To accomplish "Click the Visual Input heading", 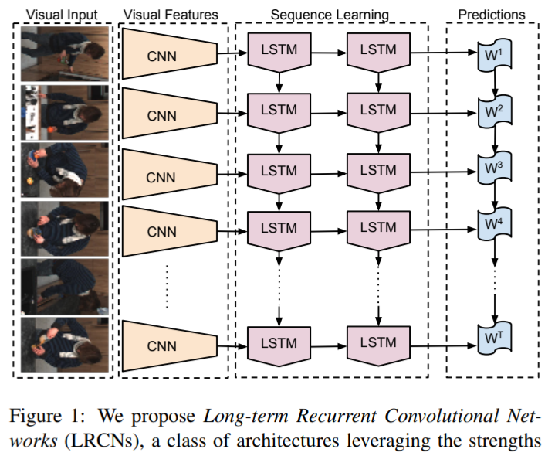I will click(x=63, y=14).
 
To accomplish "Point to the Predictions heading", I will click(x=491, y=14).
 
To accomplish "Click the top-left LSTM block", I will click(x=279, y=51).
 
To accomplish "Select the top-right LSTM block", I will click(x=377, y=51).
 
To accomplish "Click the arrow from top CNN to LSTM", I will click(x=231, y=53).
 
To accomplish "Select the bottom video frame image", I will click(x=63, y=345).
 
